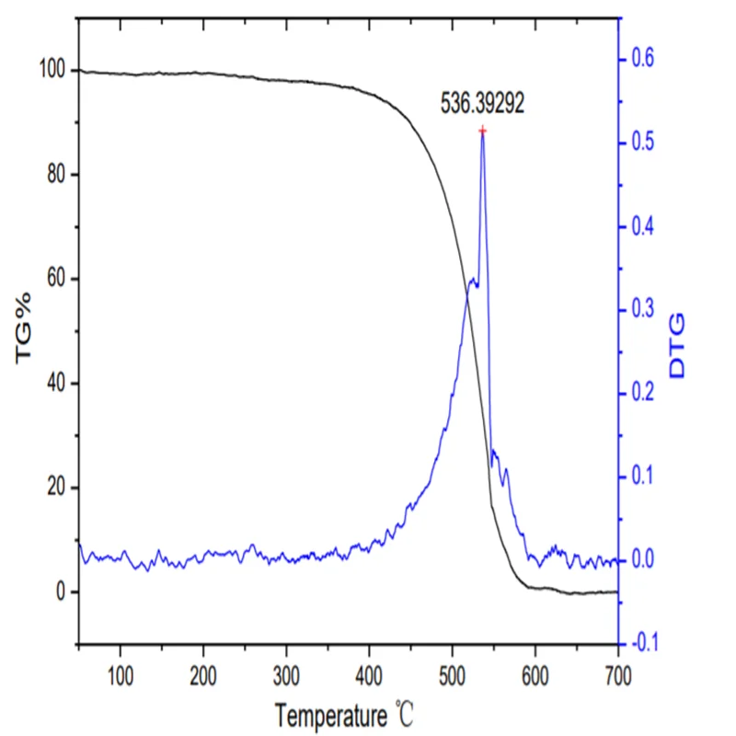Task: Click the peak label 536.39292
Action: tap(482, 105)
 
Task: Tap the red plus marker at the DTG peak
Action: tap(482, 131)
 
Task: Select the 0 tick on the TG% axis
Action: tap(61, 592)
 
